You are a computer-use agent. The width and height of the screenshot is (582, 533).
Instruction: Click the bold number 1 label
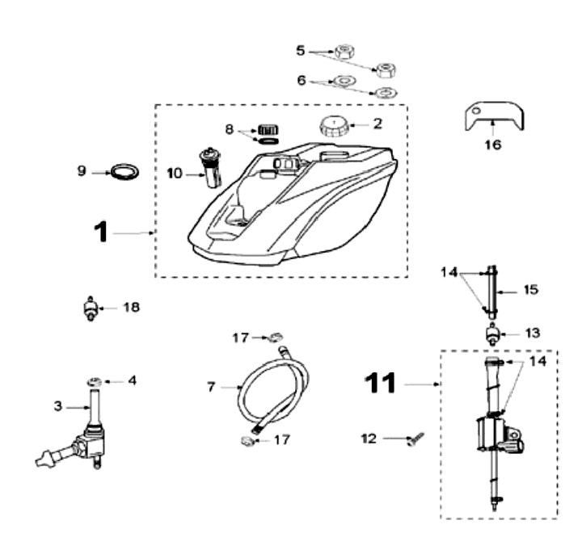click(100, 233)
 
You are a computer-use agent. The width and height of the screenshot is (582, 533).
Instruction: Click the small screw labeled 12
click(416, 439)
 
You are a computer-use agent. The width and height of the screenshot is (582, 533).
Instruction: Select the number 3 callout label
click(58, 406)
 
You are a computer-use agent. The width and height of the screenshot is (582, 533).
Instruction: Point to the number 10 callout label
click(175, 174)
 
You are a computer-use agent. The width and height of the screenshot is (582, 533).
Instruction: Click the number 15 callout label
click(530, 288)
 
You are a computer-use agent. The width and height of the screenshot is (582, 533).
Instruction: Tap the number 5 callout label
click(301, 50)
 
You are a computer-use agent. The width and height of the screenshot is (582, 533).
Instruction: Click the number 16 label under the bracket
click(493, 146)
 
